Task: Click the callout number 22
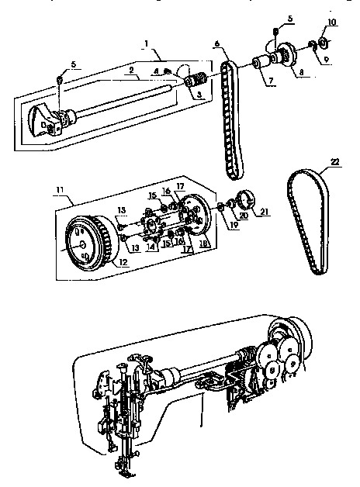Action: (x=334, y=161)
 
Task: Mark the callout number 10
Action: (x=331, y=22)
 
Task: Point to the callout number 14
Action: (x=150, y=247)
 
